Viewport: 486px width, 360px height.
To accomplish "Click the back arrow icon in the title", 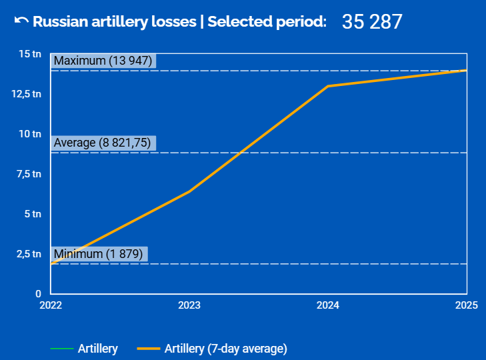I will (x=21, y=21).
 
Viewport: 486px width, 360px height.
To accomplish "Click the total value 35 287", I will (x=372, y=21).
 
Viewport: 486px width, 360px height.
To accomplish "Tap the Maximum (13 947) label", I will (x=103, y=61).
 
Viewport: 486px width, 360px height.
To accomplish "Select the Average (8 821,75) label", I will (x=103, y=143).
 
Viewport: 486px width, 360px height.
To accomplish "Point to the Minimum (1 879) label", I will (x=98, y=254).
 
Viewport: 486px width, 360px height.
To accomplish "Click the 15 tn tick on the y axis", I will (x=30, y=54).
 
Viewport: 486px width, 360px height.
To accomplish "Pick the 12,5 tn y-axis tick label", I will (x=27, y=94).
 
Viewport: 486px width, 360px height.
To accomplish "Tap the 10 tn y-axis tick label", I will (x=30, y=134).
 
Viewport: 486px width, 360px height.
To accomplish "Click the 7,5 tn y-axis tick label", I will (x=29, y=174).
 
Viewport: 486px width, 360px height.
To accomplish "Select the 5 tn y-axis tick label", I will (x=32, y=214).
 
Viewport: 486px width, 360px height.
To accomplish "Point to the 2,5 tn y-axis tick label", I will (x=29, y=254).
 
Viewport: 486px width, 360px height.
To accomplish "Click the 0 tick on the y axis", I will (x=38, y=293).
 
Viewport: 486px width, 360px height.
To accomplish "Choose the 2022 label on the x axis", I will (x=51, y=305).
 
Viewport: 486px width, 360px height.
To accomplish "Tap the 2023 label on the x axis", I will (x=189, y=305).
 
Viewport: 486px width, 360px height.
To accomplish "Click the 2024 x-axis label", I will (x=328, y=305).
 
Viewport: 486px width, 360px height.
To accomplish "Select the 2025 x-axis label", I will (x=466, y=305).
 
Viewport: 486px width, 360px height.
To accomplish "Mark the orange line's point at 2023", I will (x=189, y=191).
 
